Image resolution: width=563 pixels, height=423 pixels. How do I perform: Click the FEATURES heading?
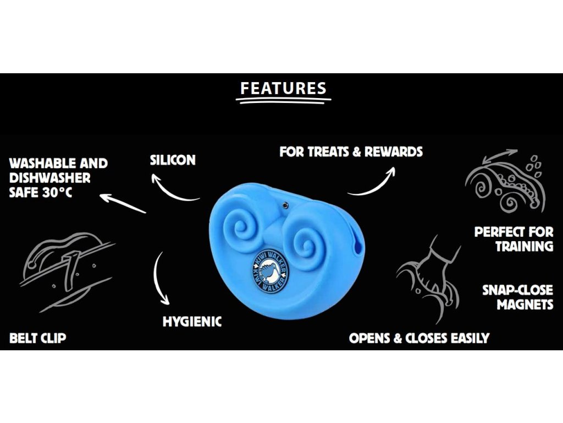[283, 89]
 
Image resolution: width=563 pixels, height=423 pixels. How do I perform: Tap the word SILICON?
[173, 160]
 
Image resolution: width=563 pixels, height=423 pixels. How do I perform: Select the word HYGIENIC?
[192, 322]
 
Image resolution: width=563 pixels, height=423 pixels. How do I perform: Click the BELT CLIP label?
[38, 338]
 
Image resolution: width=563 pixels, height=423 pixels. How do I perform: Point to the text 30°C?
[57, 192]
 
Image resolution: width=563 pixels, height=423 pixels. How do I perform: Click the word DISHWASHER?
[50, 178]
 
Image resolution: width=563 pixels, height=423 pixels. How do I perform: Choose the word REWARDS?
[394, 151]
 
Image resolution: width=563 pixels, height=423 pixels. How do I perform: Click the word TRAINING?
[524, 246]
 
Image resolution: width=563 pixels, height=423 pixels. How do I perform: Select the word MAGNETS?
[525, 305]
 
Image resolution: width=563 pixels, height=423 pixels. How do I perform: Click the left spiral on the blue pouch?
[238, 228]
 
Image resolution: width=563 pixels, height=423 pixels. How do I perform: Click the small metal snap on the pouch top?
[285, 205]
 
